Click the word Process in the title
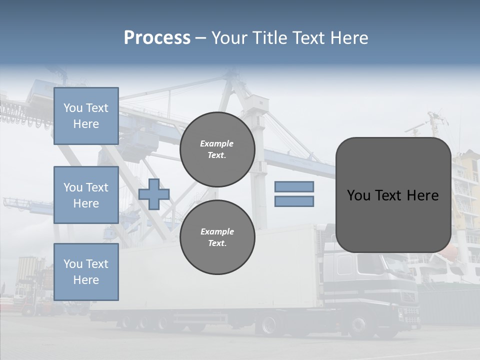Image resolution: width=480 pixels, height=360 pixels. (157, 38)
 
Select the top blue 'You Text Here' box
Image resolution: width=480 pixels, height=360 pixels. (86, 116)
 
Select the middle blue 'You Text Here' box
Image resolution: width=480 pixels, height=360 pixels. (86, 195)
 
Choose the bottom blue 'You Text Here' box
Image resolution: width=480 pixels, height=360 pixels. (86, 271)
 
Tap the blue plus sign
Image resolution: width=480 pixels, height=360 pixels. (154, 194)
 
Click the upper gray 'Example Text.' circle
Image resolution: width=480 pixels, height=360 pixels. (217, 149)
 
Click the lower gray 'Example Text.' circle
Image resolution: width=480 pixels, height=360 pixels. (217, 237)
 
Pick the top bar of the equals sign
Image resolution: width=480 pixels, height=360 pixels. (294, 186)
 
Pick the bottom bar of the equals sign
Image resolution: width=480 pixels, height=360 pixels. (294, 201)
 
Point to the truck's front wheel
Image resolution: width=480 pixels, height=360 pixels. (358, 326)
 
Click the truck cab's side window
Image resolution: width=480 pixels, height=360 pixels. (345, 265)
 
